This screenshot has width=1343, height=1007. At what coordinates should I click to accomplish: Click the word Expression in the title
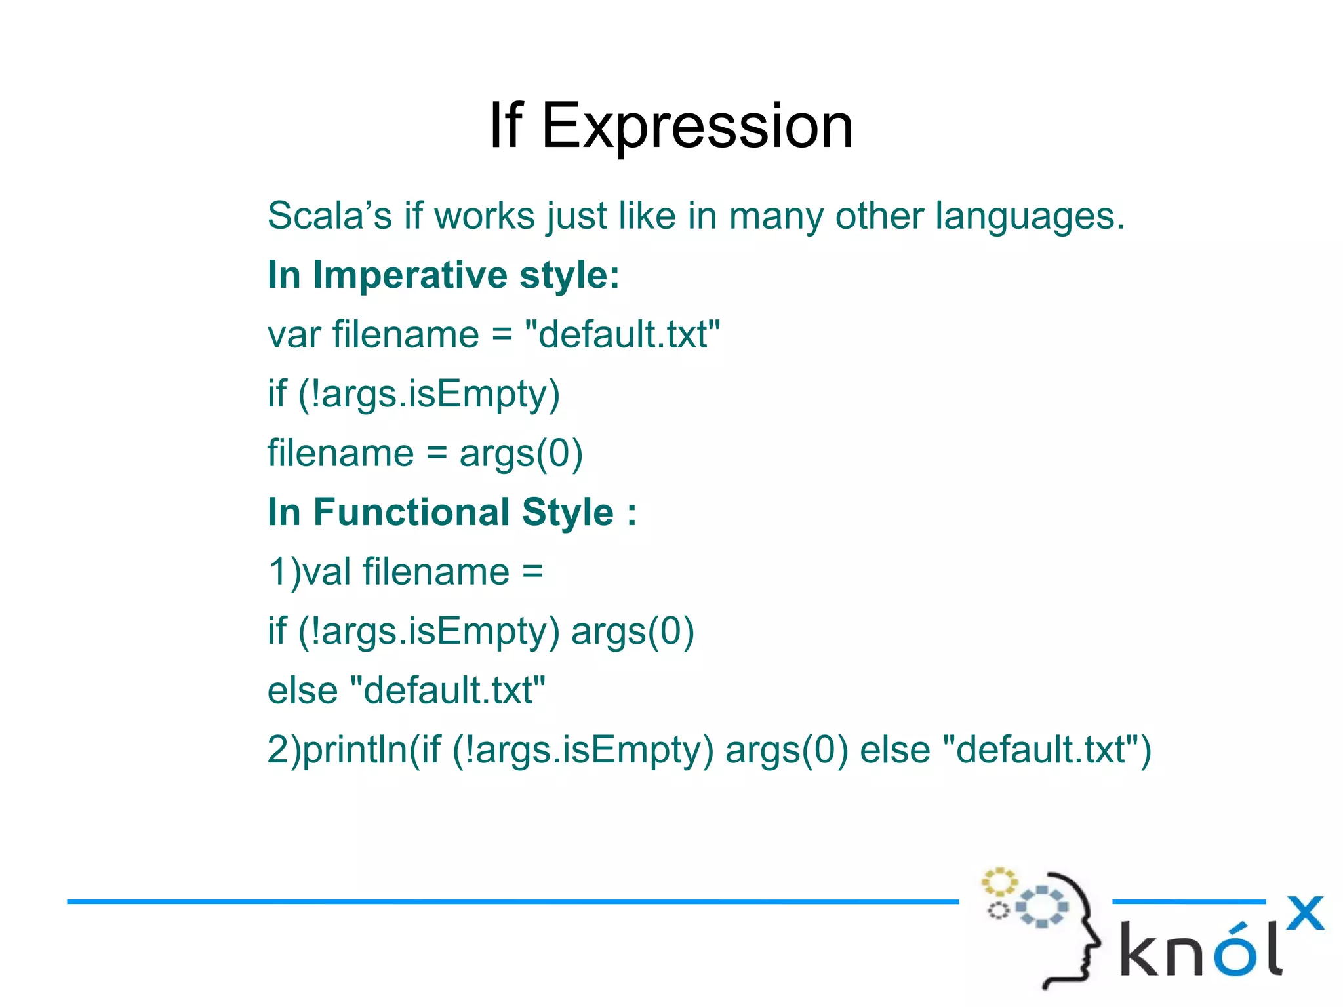point(697,127)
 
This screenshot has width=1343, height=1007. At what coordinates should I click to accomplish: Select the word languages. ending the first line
point(1030,217)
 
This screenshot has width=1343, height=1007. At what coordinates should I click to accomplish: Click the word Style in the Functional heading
point(568,513)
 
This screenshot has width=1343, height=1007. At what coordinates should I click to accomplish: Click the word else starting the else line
point(302,691)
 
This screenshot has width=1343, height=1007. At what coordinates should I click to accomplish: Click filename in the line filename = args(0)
point(340,454)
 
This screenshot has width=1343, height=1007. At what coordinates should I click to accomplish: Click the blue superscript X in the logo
point(1305,913)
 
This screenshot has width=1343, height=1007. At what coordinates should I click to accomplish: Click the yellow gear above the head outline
point(998,882)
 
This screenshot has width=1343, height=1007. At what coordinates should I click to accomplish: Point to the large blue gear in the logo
point(1041,907)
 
